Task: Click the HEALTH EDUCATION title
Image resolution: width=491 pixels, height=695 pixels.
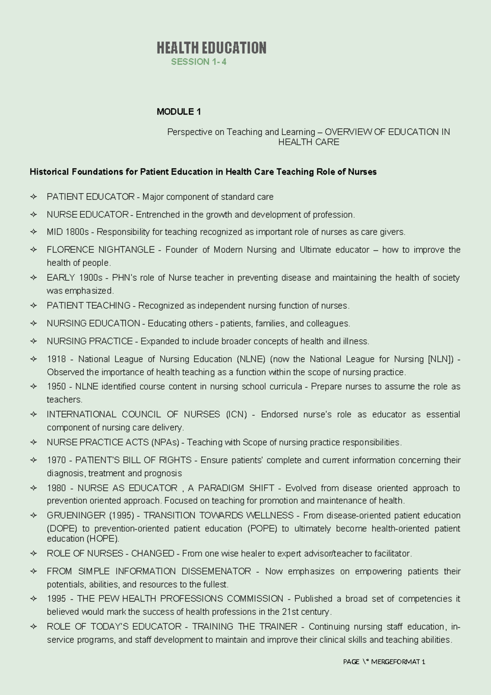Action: [211, 48]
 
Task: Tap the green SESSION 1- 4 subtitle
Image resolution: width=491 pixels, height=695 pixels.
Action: [198, 62]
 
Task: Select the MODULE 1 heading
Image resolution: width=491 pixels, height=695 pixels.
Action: [179, 111]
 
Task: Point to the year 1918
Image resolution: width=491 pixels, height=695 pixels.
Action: [56, 359]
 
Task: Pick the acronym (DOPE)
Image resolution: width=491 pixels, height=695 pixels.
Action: [61, 529]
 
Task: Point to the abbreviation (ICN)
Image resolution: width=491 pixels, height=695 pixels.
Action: [236, 414]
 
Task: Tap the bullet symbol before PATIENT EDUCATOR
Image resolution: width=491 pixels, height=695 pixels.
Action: [34, 197]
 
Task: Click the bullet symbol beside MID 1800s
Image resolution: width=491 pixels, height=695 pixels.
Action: [34, 232]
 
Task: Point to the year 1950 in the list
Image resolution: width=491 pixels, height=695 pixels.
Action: [56, 386]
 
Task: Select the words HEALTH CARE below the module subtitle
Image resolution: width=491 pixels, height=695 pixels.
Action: [309, 142]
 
